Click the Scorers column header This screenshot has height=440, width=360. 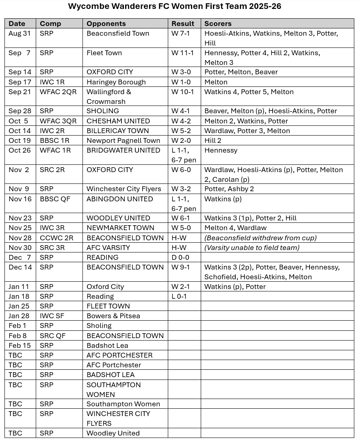pyautogui.click(x=218, y=24)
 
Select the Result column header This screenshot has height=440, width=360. pyautogui.click(x=183, y=24)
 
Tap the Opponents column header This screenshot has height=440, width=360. pyautogui.click(x=106, y=24)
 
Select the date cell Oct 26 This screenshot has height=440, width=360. pyautogui.click(x=20, y=150)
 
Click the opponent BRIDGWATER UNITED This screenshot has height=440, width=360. pyautogui.click(x=123, y=150)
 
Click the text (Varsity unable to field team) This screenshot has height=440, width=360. pyautogui.click(x=252, y=248)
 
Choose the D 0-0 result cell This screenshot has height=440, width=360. pyautogui.click(x=180, y=257)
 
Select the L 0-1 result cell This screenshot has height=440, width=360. pyautogui.click(x=179, y=296)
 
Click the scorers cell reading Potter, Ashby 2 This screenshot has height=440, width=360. pyautogui.click(x=231, y=189)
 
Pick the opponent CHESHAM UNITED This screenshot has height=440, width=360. pyautogui.click(x=118, y=121)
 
